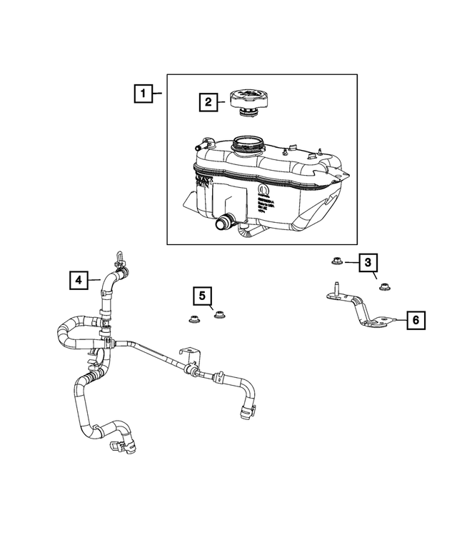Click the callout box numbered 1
point(144,93)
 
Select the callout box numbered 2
point(209,103)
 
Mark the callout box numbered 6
point(415,321)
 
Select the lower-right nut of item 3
point(383,287)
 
